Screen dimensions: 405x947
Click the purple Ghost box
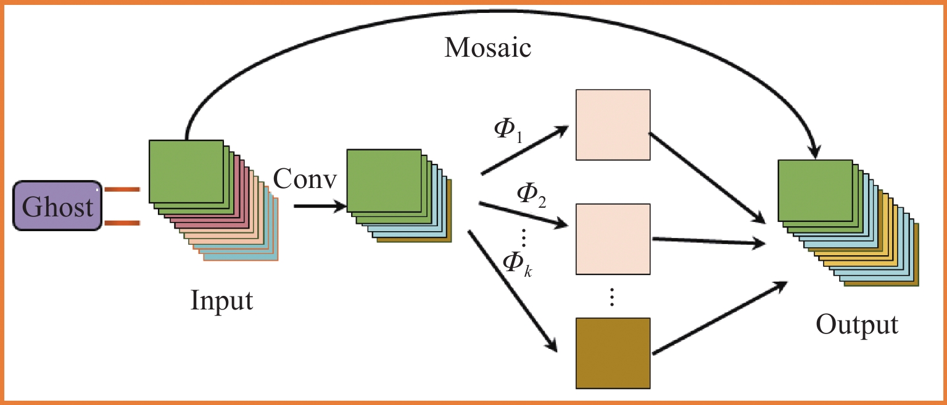pos(57,206)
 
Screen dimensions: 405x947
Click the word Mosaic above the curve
pos(487,49)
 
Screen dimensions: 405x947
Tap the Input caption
pos(221,301)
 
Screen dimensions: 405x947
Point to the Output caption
pos(857,325)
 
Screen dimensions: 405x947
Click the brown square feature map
pos(613,353)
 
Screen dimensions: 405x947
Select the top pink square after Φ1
pos(613,125)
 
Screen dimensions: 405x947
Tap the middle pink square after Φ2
pos(613,239)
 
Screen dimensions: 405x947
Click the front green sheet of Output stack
pos(815,190)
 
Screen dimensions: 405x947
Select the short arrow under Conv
pos(318,206)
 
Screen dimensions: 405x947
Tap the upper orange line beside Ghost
pos(122,190)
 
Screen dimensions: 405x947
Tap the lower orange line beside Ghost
pos(122,223)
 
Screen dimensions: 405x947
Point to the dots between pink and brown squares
pos(612,297)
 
